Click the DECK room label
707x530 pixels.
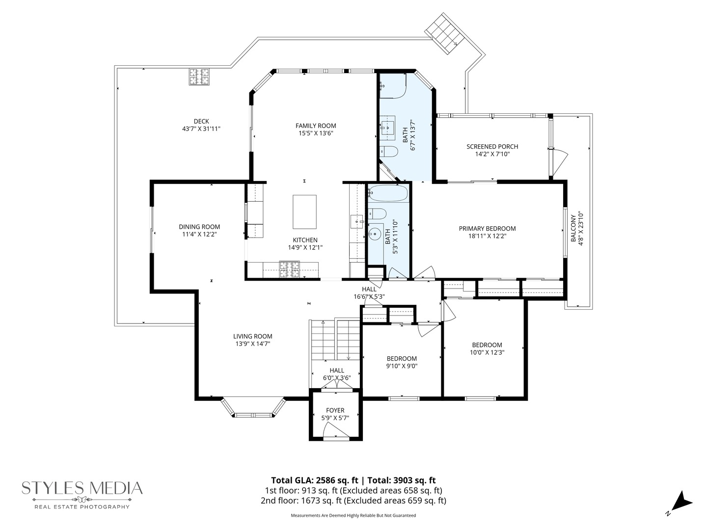pyautogui.click(x=201, y=121)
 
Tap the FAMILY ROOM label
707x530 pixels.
pyautogui.click(x=316, y=126)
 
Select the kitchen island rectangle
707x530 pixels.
pyautogui.click(x=304, y=212)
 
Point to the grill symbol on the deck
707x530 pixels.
pyautogui.click(x=200, y=77)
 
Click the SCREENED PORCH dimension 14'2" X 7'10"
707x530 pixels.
pyautogui.click(x=492, y=154)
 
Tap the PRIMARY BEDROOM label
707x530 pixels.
pyautogui.click(x=487, y=228)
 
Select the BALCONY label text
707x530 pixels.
pyautogui.click(x=573, y=227)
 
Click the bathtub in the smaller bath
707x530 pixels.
pyautogui.click(x=388, y=194)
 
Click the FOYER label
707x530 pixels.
pyautogui.click(x=335, y=410)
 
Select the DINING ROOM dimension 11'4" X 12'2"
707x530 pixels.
pyautogui.click(x=199, y=235)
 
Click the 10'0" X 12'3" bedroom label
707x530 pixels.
pyautogui.click(x=487, y=352)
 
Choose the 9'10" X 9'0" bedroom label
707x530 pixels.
pyautogui.click(x=402, y=366)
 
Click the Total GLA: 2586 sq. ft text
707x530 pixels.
pyautogui.click(x=314, y=480)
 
